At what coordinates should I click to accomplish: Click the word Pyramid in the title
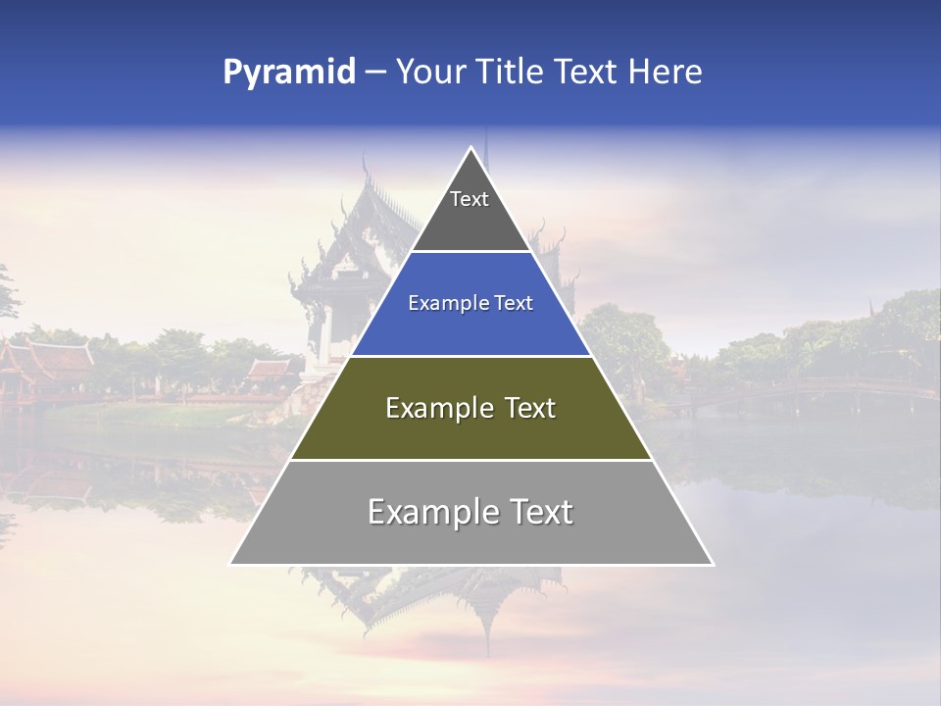point(288,72)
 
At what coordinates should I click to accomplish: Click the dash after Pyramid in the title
point(374,73)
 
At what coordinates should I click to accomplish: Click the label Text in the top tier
point(470,199)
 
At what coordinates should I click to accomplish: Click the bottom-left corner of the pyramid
point(231,564)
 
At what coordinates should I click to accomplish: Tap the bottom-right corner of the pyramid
point(712,564)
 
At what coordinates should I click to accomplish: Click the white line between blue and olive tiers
point(470,355)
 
